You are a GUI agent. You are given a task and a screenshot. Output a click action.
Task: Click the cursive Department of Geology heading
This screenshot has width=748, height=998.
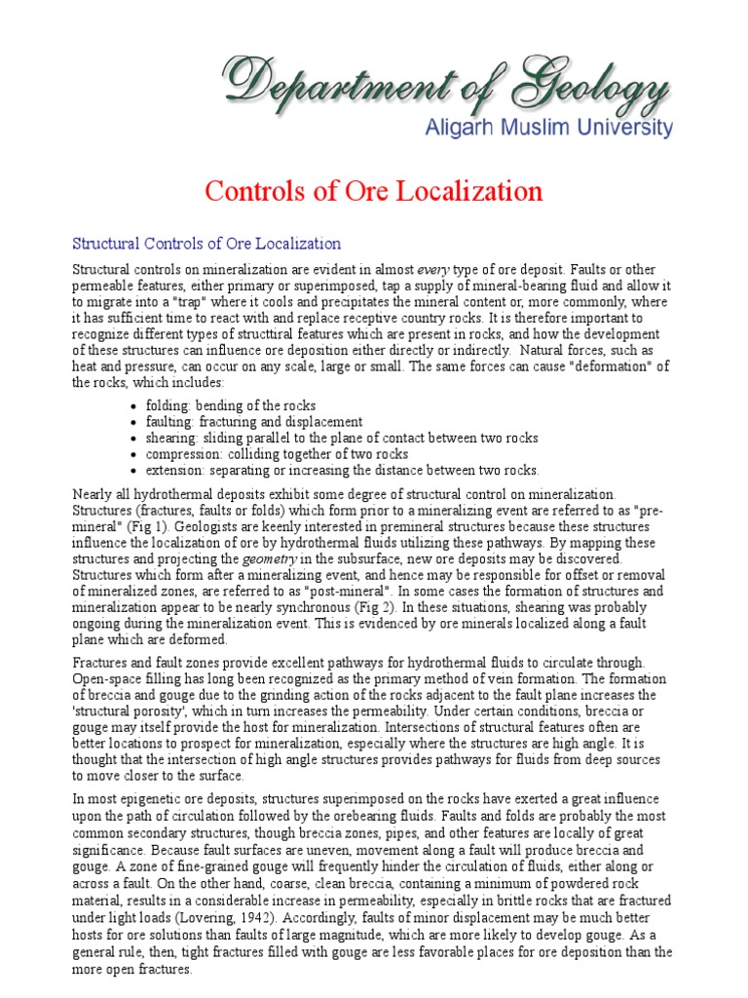tap(447, 83)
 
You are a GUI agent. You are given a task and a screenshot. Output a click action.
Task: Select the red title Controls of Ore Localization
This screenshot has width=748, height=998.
tap(374, 190)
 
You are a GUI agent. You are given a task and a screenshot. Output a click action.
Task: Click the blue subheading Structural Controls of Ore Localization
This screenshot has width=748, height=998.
tap(207, 243)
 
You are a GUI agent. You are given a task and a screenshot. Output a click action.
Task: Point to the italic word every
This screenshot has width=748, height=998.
tap(434, 269)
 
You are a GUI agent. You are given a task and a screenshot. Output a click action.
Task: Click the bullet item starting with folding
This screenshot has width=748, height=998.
tap(231, 405)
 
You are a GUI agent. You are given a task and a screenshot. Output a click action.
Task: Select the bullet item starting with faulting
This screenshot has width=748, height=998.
tap(254, 422)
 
